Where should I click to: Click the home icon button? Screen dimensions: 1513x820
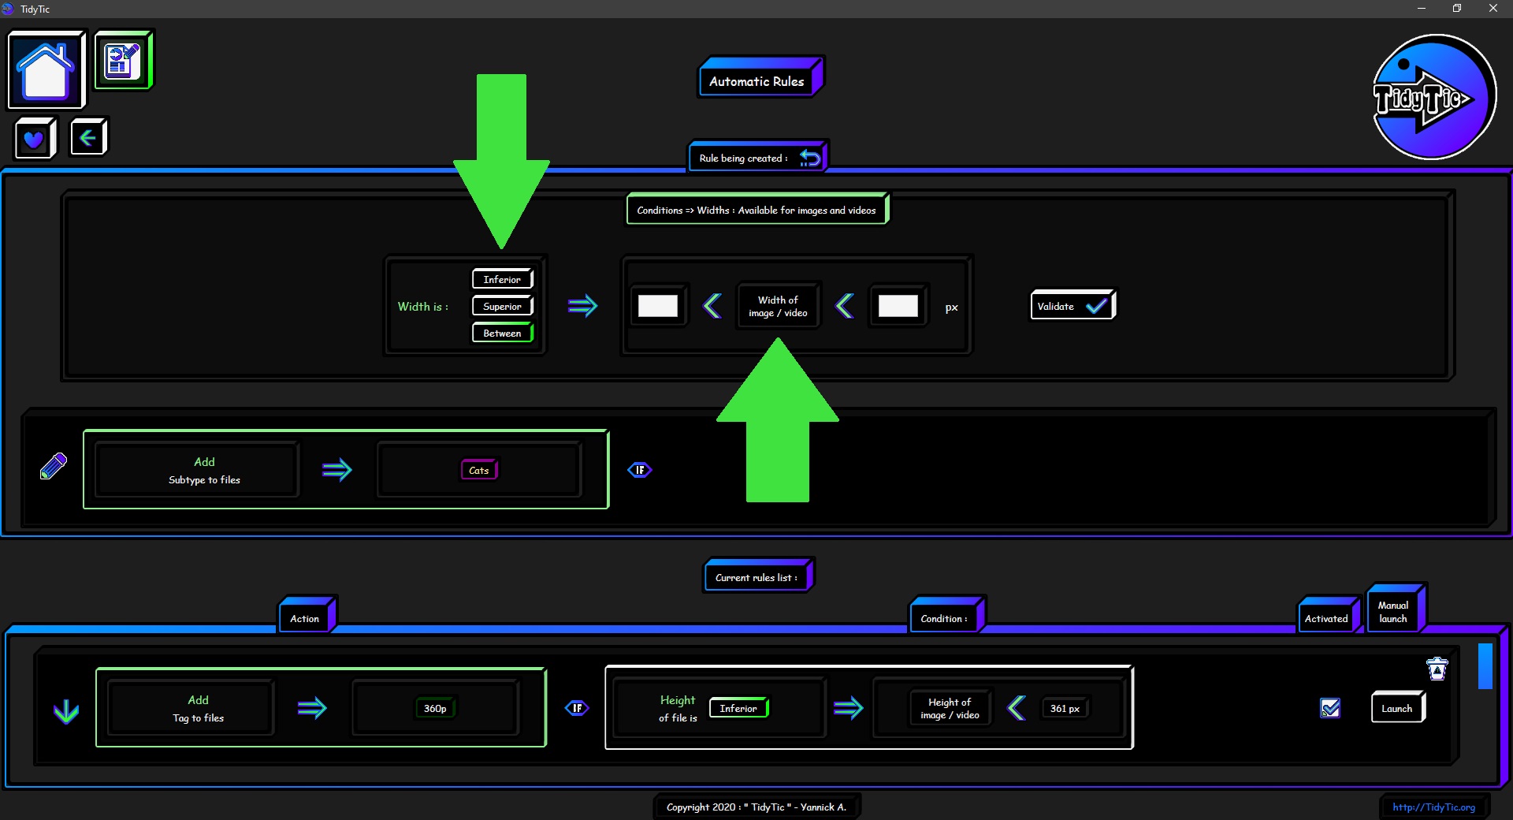click(46, 69)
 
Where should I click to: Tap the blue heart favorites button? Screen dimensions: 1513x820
click(35, 139)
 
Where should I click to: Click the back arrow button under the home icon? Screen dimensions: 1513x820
click(88, 138)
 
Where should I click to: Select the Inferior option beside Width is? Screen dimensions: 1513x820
click(503, 279)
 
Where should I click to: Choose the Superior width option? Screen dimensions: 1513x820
click(503, 306)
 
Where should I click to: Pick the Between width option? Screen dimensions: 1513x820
click(503, 333)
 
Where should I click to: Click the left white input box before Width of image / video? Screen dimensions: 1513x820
click(658, 306)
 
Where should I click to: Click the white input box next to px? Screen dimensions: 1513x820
click(898, 306)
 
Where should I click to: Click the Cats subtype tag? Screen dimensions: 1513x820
click(479, 470)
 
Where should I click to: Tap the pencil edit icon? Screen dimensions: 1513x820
click(54, 466)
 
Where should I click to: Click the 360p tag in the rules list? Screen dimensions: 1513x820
click(435, 708)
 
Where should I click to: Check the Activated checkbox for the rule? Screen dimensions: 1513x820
click(1330, 708)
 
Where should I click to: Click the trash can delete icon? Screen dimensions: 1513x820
click(1437, 669)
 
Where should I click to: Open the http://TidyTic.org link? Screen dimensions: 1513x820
click(1433, 807)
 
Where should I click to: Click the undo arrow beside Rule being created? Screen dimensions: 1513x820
click(810, 158)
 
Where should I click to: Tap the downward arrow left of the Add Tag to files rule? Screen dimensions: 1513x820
click(66, 711)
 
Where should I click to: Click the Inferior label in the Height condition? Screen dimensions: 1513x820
click(738, 708)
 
